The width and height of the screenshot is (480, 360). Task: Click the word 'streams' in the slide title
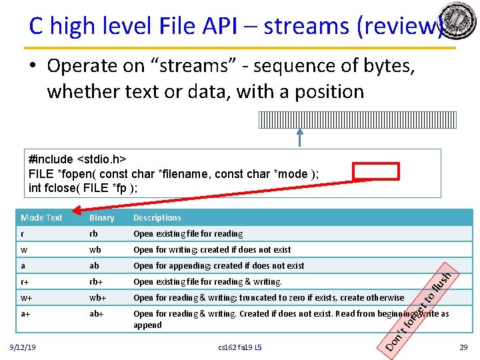click(307, 26)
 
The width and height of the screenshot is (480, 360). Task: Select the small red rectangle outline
click(376, 171)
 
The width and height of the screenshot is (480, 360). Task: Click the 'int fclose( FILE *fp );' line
click(83, 188)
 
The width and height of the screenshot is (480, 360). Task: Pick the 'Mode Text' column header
click(41, 218)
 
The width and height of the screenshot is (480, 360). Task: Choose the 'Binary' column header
click(102, 218)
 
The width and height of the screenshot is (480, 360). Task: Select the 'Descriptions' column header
click(157, 218)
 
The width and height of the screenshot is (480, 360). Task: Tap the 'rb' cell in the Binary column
click(95, 234)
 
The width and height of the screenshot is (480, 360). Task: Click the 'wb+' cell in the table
click(97, 298)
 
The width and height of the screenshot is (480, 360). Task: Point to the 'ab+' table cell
click(97, 314)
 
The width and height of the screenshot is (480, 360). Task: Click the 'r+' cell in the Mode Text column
click(25, 282)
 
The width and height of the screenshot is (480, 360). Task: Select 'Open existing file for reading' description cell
click(188, 234)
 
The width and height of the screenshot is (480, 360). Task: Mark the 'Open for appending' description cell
click(219, 266)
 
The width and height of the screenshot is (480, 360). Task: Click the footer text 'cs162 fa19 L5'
click(240, 348)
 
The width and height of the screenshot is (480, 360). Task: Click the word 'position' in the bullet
click(326, 91)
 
